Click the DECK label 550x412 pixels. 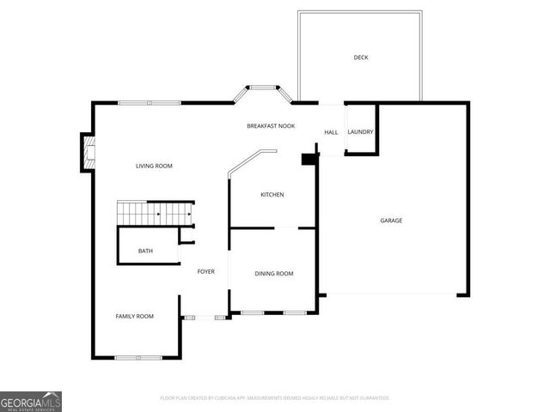pos(361,58)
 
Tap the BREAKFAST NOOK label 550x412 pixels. pos(271,126)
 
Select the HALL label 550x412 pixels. pos(331,132)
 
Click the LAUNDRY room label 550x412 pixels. pos(361,132)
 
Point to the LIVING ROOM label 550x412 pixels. pos(155,166)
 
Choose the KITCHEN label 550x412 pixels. pos(272,195)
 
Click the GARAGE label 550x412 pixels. pos(391,221)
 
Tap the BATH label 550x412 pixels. pos(146,251)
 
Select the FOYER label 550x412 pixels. pos(206,271)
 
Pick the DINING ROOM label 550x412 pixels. pos(274,274)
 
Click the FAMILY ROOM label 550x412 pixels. pos(135,317)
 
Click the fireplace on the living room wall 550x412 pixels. pos(87,152)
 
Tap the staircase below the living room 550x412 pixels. pos(156,211)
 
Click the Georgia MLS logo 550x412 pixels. pos(31,401)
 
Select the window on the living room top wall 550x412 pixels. pos(150,103)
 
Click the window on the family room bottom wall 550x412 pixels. pos(138,357)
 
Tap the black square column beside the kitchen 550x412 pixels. pos(307,158)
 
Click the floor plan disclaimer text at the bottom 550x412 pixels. pos(275,398)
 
